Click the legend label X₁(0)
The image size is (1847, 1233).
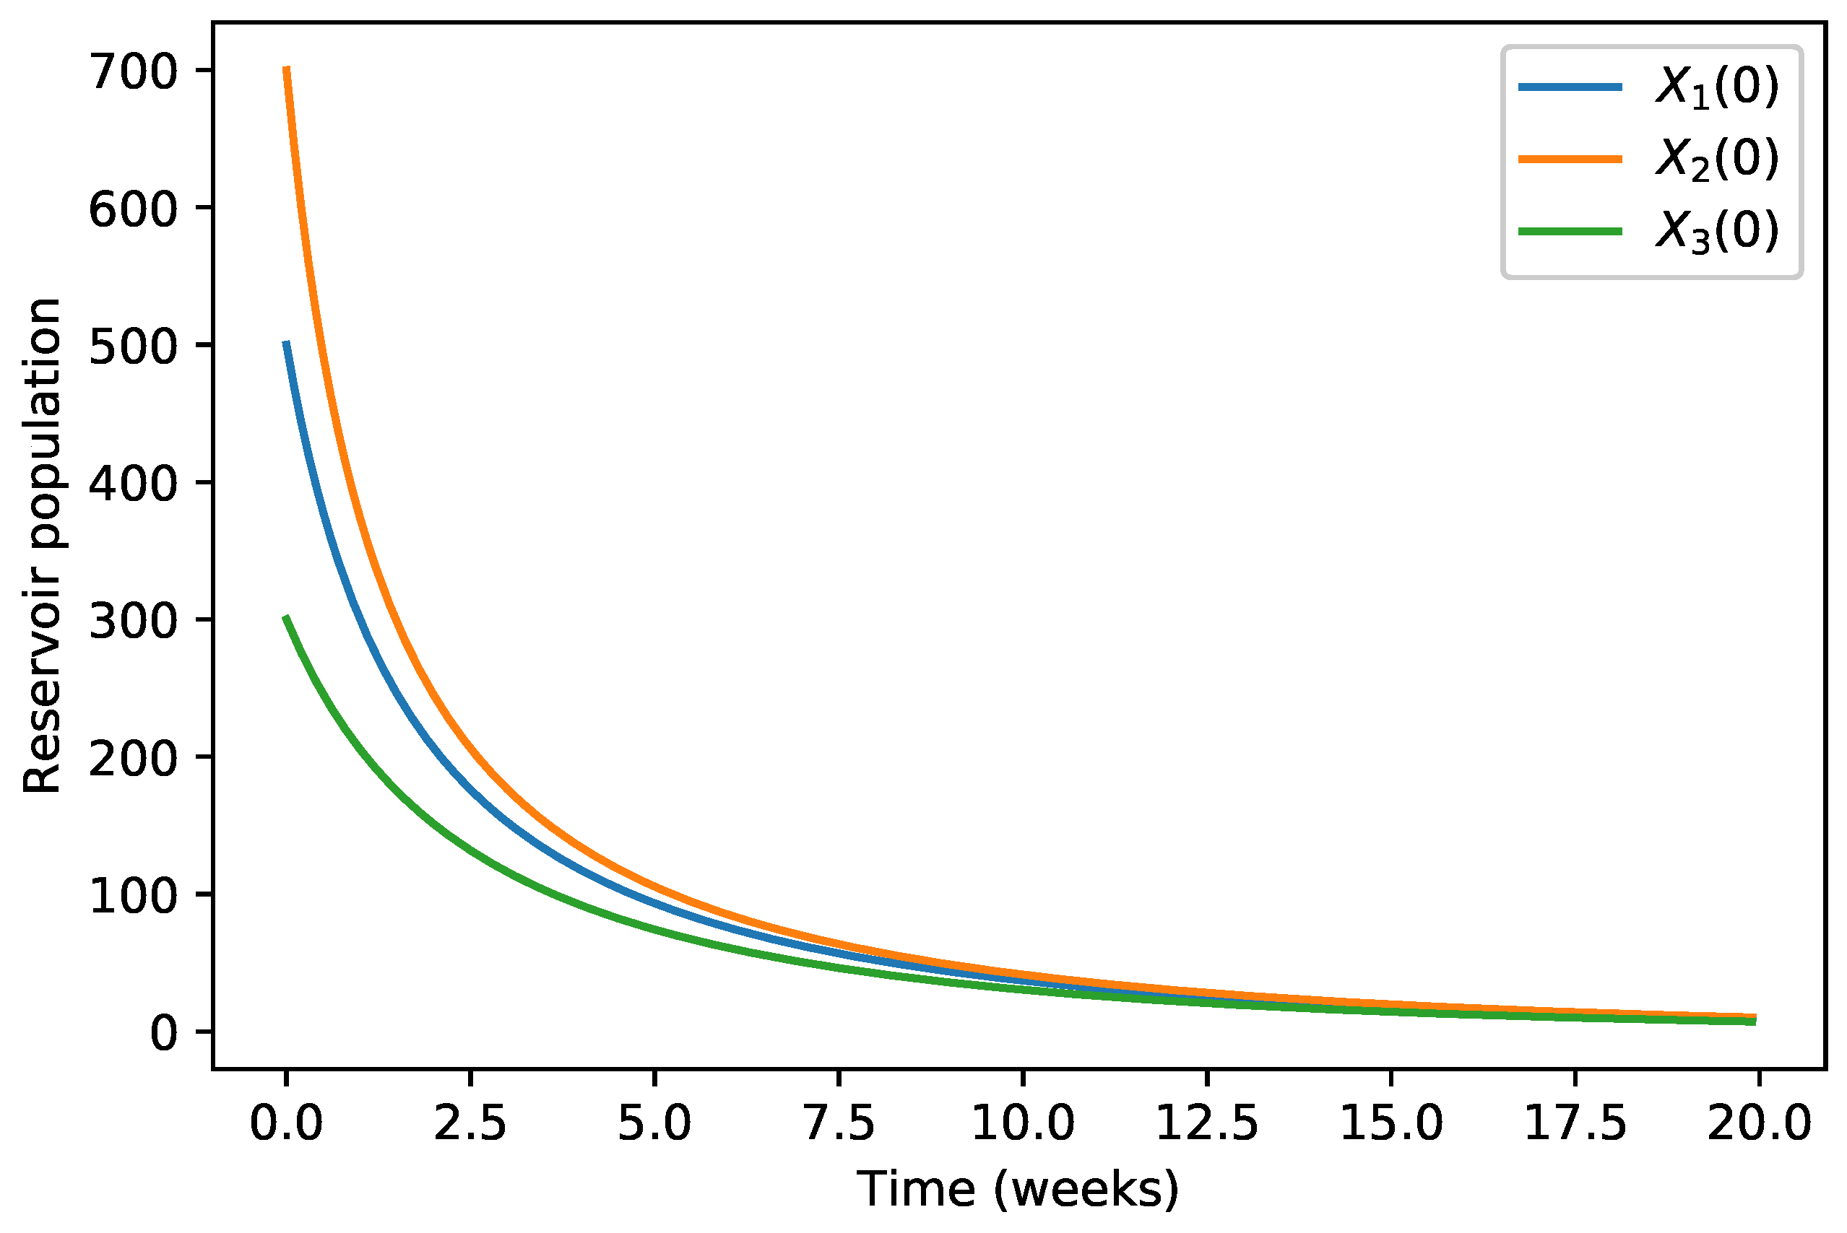1717,87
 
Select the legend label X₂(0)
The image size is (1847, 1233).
1717,159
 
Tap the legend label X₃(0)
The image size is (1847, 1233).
1717,231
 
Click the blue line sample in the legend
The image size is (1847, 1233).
1570,87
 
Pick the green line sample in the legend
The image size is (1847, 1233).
1570,231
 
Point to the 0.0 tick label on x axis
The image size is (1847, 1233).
286,1123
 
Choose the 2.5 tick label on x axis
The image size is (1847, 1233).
470,1123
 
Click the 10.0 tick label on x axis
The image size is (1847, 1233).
1023,1123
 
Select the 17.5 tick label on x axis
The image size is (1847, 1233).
1575,1123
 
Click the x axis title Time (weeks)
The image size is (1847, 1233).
1018,1189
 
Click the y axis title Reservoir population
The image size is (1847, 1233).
41,546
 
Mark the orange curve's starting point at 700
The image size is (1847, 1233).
287,69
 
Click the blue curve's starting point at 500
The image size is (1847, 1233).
287,343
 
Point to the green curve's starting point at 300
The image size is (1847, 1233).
287,617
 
